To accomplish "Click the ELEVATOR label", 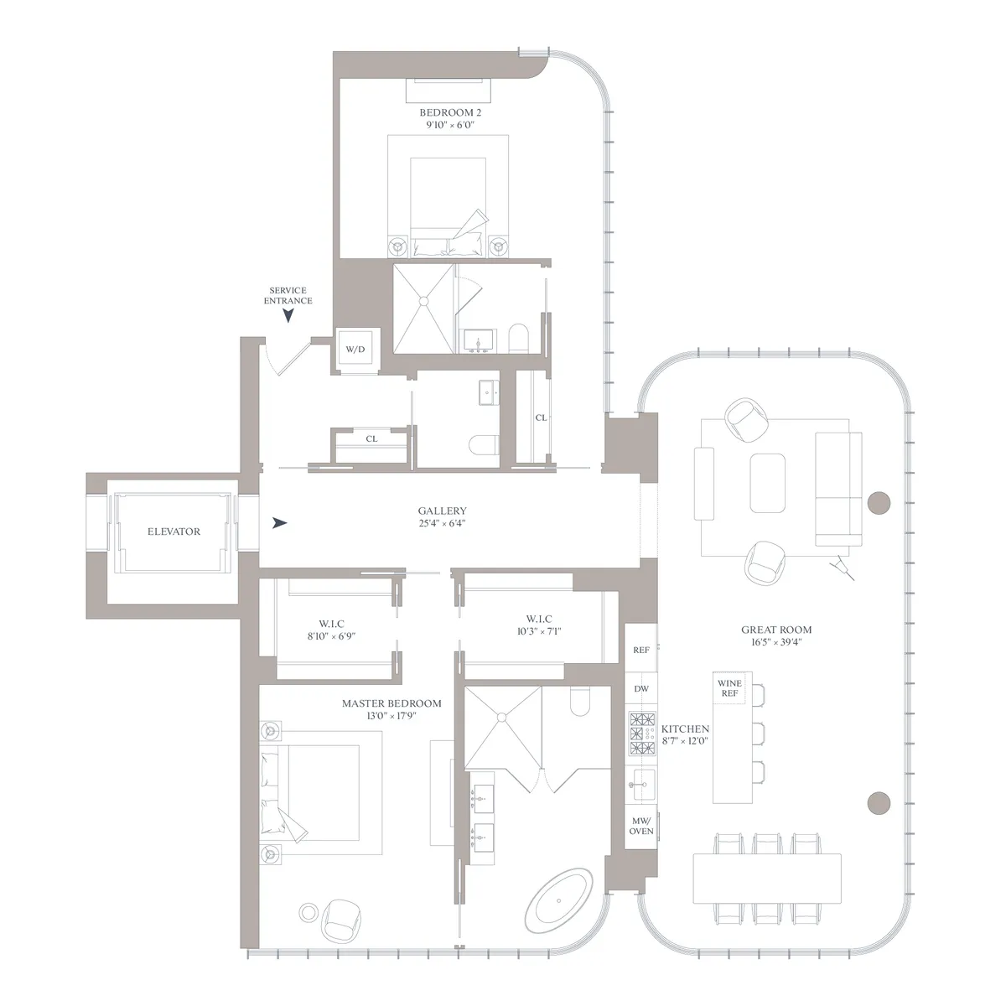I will tap(174, 532).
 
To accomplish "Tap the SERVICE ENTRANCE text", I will tap(288, 296).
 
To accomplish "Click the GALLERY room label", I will tap(442, 511).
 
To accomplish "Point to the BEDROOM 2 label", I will tap(450, 112).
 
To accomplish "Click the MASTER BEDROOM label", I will tap(391, 703).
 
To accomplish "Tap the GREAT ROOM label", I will tap(776, 630).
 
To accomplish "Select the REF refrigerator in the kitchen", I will tap(641, 650).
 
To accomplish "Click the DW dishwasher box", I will tap(641, 689).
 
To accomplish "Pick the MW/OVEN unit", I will tap(641, 826).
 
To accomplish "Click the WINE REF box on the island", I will tap(729, 688).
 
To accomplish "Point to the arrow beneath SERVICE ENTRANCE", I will tap(288, 315).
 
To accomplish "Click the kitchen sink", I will tap(643, 784).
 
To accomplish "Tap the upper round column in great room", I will tap(878, 503).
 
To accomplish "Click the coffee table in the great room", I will tap(767, 483).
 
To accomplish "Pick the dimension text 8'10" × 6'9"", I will tap(331, 636).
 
